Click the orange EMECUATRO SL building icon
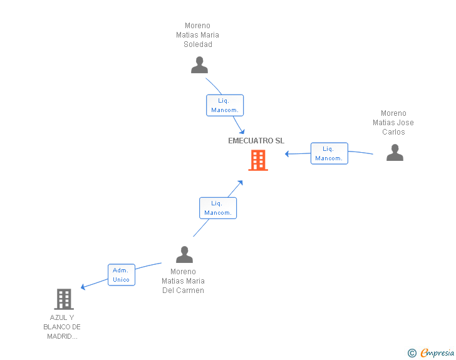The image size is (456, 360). (x=258, y=160)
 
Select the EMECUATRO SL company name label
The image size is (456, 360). (x=256, y=141)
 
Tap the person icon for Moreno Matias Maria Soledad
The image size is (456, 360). (x=199, y=65)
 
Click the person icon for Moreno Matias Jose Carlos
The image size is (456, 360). (x=395, y=152)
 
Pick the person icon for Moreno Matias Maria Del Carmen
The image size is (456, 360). (x=184, y=254)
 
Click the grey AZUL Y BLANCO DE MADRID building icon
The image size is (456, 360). (x=64, y=299)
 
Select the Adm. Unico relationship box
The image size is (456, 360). (x=122, y=275)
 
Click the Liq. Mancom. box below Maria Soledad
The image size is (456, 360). (x=225, y=105)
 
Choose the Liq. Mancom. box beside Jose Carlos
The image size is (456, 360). (x=329, y=153)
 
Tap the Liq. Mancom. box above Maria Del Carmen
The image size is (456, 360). (x=218, y=208)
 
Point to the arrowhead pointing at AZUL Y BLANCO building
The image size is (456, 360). (x=83, y=287)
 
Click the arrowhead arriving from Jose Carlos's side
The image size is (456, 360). (x=287, y=154)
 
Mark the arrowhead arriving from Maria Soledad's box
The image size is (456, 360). (x=242, y=131)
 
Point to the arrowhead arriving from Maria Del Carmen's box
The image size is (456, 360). (x=241, y=183)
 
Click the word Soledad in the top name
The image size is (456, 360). (x=198, y=44)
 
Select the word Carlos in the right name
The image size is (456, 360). (x=393, y=132)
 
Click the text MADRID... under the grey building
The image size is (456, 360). (x=62, y=336)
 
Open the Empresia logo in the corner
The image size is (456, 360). (x=437, y=353)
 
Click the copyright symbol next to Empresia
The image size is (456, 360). (x=412, y=353)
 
